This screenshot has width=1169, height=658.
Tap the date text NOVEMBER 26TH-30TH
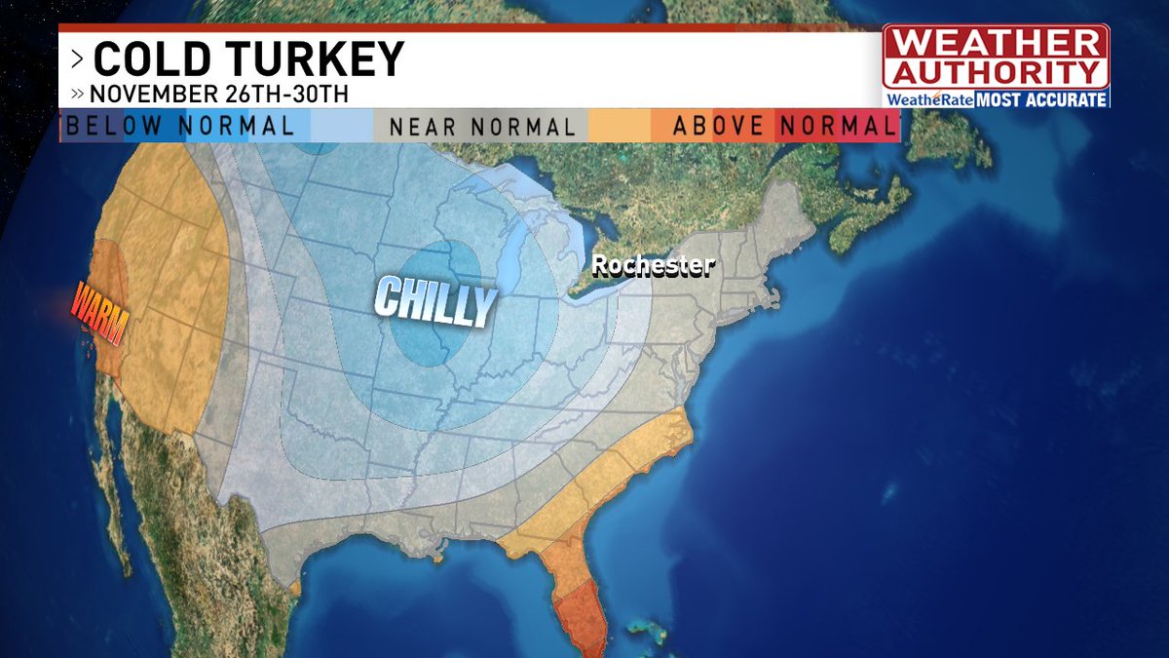(x=219, y=95)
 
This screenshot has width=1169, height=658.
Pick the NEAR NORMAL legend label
(x=482, y=127)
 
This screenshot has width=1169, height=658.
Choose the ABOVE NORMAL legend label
(x=784, y=126)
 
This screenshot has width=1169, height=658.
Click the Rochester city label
(x=654, y=265)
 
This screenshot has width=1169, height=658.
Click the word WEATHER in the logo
(x=996, y=44)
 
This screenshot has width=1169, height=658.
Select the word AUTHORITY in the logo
(x=996, y=73)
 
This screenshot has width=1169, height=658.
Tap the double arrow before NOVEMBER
(x=77, y=95)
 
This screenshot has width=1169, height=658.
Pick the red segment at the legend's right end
(x=877, y=126)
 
